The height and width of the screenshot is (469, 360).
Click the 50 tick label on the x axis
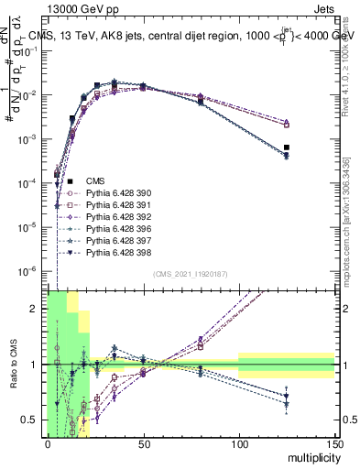(143, 443)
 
